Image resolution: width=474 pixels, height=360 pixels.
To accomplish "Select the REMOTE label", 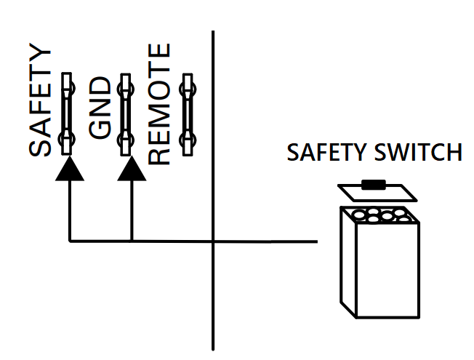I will [x=159, y=104].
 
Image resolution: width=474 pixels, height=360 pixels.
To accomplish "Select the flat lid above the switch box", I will [x=377, y=193].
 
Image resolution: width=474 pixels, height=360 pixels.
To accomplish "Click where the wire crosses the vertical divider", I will [x=214, y=240].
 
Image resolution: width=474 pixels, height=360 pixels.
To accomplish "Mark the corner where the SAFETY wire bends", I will [x=69, y=240].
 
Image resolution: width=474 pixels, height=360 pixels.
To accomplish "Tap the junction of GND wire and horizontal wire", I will [x=132, y=240].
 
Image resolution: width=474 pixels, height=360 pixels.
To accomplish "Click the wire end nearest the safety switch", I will [x=317, y=240].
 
